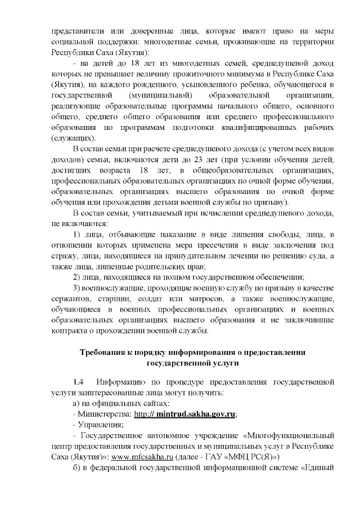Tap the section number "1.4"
79,383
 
